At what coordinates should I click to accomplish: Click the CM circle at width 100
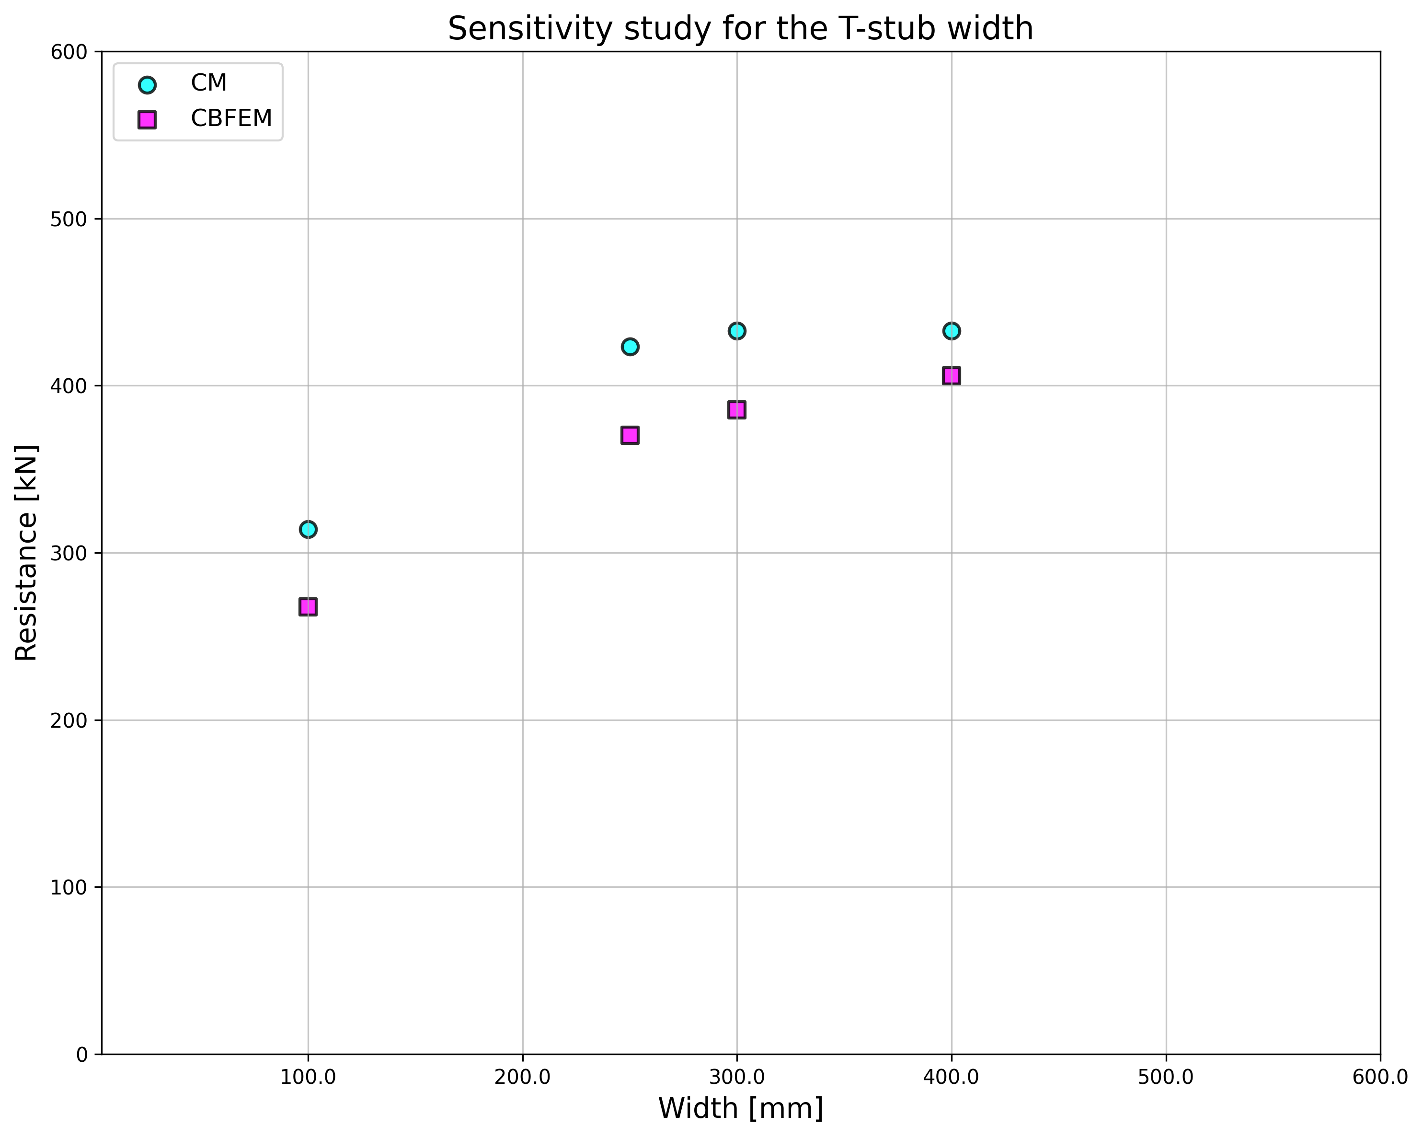308,529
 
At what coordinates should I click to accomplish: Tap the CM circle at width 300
736,331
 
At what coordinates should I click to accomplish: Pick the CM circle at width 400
951,331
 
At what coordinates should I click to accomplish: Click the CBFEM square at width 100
308,607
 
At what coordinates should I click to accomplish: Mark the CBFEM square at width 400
951,376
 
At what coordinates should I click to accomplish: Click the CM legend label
208,83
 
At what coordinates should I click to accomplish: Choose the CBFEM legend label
231,119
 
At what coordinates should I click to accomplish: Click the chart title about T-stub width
740,29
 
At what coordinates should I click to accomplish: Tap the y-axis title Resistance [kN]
26,553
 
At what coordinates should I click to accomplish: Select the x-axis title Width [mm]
740,1108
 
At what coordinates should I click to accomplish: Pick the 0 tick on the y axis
82,1055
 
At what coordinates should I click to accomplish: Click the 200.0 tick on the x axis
522,1077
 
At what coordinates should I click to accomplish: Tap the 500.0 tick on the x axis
1166,1077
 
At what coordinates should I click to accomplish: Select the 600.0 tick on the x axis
1380,1077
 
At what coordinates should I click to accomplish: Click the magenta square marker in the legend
147,119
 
